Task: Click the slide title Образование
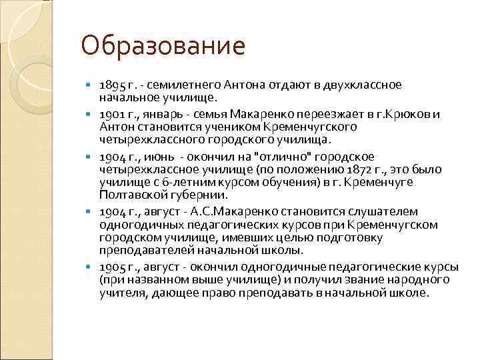tap(163, 47)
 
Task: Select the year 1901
tap(110, 114)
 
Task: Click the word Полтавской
tap(131, 197)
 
